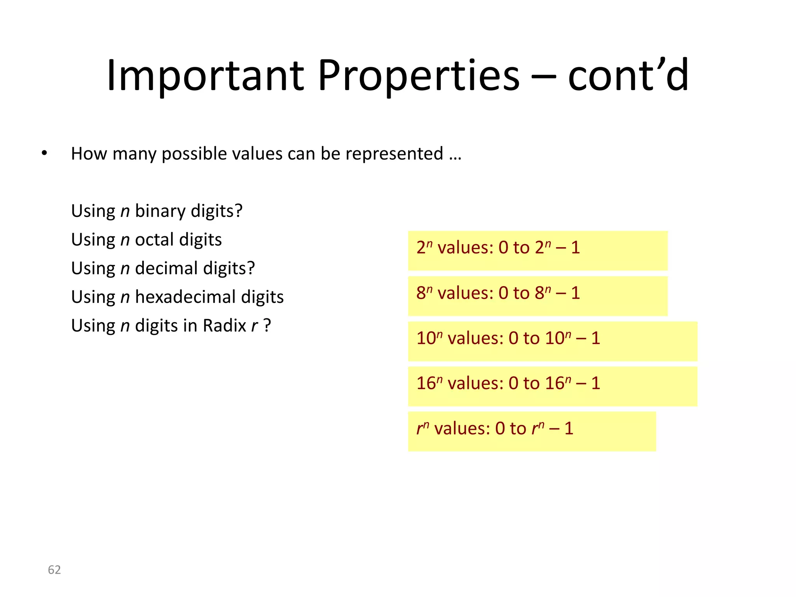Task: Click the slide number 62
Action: coord(54,570)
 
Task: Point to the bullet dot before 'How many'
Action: coord(44,153)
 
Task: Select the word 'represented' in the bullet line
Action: coord(394,154)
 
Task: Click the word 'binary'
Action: coord(160,211)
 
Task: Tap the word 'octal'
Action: coord(154,240)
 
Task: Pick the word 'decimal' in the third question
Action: coord(166,268)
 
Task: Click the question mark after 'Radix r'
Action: coord(267,326)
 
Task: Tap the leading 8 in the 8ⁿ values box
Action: coord(421,293)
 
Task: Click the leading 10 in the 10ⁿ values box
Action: coord(426,338)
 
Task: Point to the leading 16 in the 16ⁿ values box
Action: coord(426,383)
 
